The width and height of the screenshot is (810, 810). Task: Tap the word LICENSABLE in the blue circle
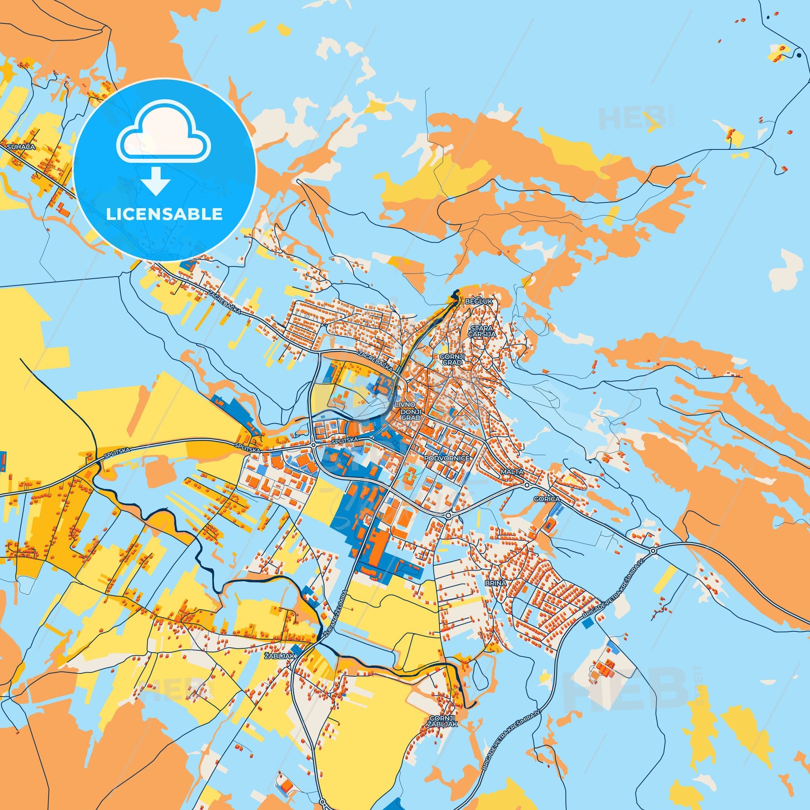coord(164,214)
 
